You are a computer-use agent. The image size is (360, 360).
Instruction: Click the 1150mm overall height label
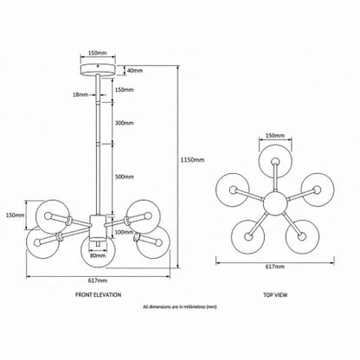click(x=192, y=160)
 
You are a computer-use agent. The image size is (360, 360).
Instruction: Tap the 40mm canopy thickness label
click(x=135, y=70)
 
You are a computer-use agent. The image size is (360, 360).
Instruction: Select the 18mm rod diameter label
click(x=80, y=94)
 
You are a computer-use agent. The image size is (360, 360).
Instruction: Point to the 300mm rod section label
click(x=125, y=123)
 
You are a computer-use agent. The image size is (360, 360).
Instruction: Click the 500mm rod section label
click(x=125, y=177)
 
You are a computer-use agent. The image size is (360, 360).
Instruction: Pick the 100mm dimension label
click(x=125, y=232)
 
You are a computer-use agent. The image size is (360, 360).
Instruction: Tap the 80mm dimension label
click(x=98, y=255)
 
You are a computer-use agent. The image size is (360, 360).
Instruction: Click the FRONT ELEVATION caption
click(x=98, y=295)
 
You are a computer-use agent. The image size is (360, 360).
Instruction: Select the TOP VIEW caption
click(x=275, y=295)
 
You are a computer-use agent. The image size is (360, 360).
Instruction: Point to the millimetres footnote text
click(x=180, y=307)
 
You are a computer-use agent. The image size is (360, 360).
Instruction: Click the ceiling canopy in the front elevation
click(x=98, y=70)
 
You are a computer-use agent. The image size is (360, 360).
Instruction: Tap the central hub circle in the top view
click(x=275, y=203)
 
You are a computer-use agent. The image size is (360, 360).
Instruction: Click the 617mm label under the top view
click(x=275, y=267)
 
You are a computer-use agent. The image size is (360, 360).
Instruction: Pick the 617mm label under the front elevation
click(x=98, y=280)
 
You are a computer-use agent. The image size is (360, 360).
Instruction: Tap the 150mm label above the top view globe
click(x=275, y=135)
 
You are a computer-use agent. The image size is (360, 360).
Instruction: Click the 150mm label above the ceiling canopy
click(x=98, y=53)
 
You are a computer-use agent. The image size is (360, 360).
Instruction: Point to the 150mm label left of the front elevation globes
click(x=16, y=215)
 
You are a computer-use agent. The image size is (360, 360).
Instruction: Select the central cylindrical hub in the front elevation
click(x=98, y=228)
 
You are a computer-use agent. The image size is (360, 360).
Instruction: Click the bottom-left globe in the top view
click(x=248, y=237)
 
